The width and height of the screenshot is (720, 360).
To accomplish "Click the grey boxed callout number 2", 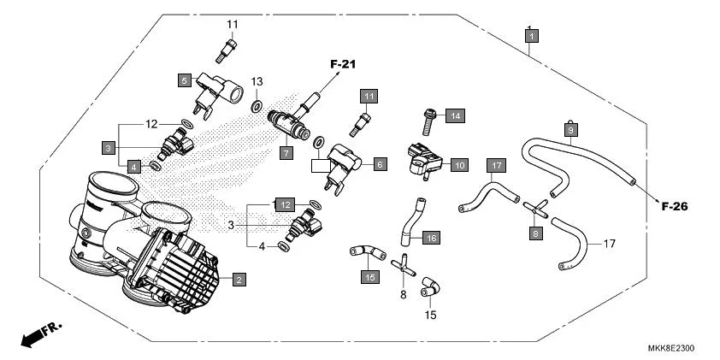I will [239, 280].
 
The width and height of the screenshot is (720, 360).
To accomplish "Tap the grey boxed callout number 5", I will [184, 80].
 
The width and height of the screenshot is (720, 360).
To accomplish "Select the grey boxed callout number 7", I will [286, 153].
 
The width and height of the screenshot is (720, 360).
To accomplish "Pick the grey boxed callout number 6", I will [380, 162].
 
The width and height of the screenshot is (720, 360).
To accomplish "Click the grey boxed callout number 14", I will [455, 115].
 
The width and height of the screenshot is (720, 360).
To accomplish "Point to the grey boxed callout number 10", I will [458, 164].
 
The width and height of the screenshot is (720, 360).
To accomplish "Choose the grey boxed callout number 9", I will [571, 129].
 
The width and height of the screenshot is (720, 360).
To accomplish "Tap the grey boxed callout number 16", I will [430, 238].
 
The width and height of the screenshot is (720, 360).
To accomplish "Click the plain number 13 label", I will [257, 81].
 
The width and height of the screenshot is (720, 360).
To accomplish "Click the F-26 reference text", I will [675, 206].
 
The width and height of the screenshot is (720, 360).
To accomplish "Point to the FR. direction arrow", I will [38, 333].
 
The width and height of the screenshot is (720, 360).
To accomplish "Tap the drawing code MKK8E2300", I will [670, 349].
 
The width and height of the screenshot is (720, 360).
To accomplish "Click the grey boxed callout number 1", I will [532, 36].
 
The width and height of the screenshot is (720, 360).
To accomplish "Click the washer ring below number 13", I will [257, 107].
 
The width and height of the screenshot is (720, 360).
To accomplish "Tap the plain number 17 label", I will [609, 244].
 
